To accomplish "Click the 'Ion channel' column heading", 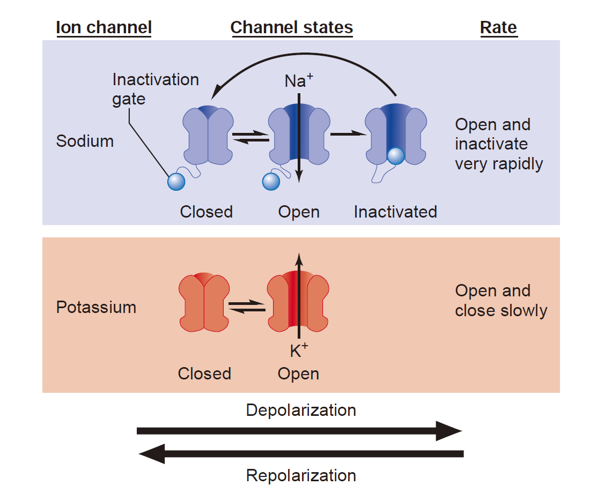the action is click(104, 28).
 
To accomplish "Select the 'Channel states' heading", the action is click(292, 28).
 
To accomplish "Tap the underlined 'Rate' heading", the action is click(498, 28).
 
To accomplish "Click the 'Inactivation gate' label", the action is click(156, 89).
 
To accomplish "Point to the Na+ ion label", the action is click(299, 80).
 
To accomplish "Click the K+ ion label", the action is click(299, 350).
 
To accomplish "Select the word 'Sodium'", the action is click(85, 141).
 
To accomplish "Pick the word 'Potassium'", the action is click(97, 307).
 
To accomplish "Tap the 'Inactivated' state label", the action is click(396, 212).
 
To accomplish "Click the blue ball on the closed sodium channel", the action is click(176, 182).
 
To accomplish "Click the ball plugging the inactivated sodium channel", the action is click(396, 156).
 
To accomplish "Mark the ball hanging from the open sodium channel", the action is click(271, 182).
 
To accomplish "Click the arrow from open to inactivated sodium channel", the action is click(348, 134).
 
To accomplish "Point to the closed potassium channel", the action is click(204, 302).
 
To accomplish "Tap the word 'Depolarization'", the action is click(301, 410).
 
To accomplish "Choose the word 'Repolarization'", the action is click(301, 476).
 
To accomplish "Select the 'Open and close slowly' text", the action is click(501, 301).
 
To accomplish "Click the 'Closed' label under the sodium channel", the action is click(207, 212).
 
